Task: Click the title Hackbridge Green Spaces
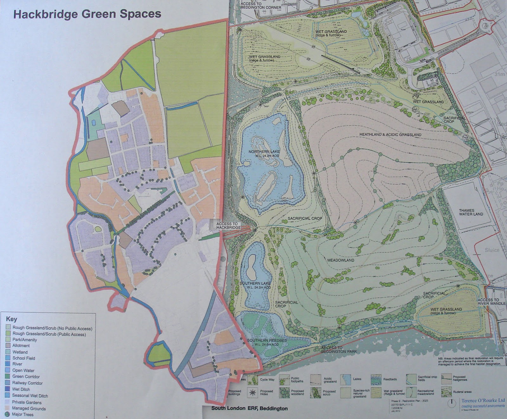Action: coord(87,14)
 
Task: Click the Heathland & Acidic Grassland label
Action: coord(390,135)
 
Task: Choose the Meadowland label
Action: coord(341,260)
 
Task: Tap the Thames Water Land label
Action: coord(471,212)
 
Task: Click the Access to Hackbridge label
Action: coord(227,226)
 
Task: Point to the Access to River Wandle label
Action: coord(491,302)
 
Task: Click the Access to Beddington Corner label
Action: coord(261,5)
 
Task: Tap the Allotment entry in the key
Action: coord(21,345)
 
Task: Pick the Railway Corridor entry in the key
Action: coord(27,383)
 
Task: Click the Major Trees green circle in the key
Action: coord(7,414)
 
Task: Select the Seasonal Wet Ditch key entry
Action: coord(30,396)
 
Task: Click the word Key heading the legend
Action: coord(11,319)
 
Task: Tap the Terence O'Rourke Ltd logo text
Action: coord(483,401)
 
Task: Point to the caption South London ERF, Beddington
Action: coord(249,408)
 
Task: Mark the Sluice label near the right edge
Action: coord(492,250)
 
